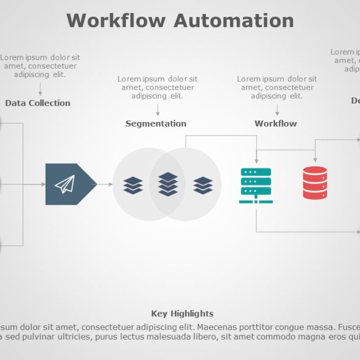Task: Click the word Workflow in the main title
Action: (x=116, y=20)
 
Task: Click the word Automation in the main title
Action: (x=233, y=20)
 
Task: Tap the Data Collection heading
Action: (x=38, y=103)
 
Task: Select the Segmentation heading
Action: (x=156, y=124)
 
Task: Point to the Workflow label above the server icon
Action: (x=276, y=124)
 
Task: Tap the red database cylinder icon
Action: (x=315, y=183)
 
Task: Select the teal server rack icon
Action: (x=256, y=185)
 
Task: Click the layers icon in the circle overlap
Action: (x=168, y=184)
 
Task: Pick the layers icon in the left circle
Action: (x=133, y=185)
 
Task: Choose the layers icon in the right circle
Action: (x=203, y=185)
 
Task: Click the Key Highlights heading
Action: (x=182, y=314)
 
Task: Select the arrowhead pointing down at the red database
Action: (x=315, y=160)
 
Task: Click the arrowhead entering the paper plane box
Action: (x=43, y=184)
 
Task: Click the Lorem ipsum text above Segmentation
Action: (x=157, y=87)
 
